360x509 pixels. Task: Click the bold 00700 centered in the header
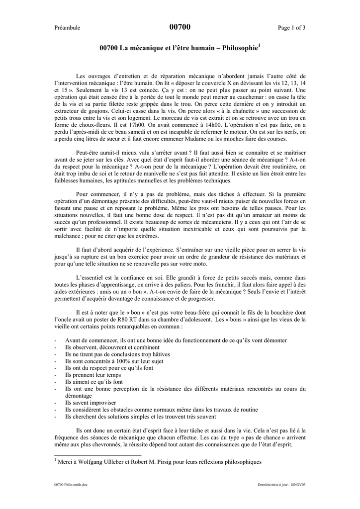(180, 27)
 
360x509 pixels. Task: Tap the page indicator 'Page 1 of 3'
(292, 28)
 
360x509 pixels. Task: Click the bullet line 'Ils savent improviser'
(90, 403)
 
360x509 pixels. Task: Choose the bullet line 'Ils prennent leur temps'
(93, 375)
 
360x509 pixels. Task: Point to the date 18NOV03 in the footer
(296, 483)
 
